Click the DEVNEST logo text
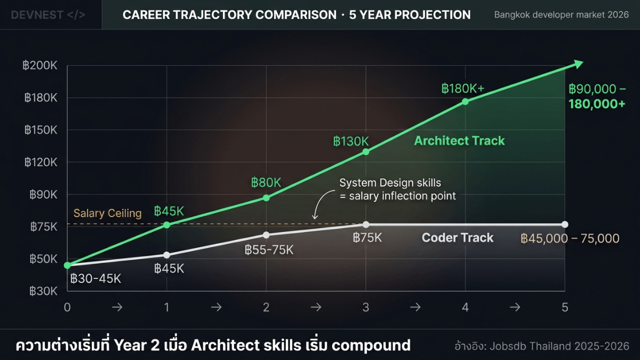click(x=48, y=14)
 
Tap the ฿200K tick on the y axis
click(x=41, y=66)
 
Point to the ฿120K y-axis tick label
click(x=41, y=162)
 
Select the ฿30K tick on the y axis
click(x=41, y=291)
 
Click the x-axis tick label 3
click(x=366, y=307)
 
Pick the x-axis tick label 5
click(x=565, y=307)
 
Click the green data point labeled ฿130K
click(x=366, y=152)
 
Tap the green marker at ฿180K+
click(x=466, y=101)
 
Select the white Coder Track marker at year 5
click(x=565, y=225)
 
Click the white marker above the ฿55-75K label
click(x=266, y=235)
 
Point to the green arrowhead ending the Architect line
click(x=578, y=64)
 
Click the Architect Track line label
click(x=459, y=141)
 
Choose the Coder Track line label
click(x=458, y=238)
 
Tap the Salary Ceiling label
click(x=108, y=213)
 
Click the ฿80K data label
click(x=266, y=182)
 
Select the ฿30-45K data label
click(x=96, y=278)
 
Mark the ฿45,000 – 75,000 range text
click(x=570, y=238)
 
